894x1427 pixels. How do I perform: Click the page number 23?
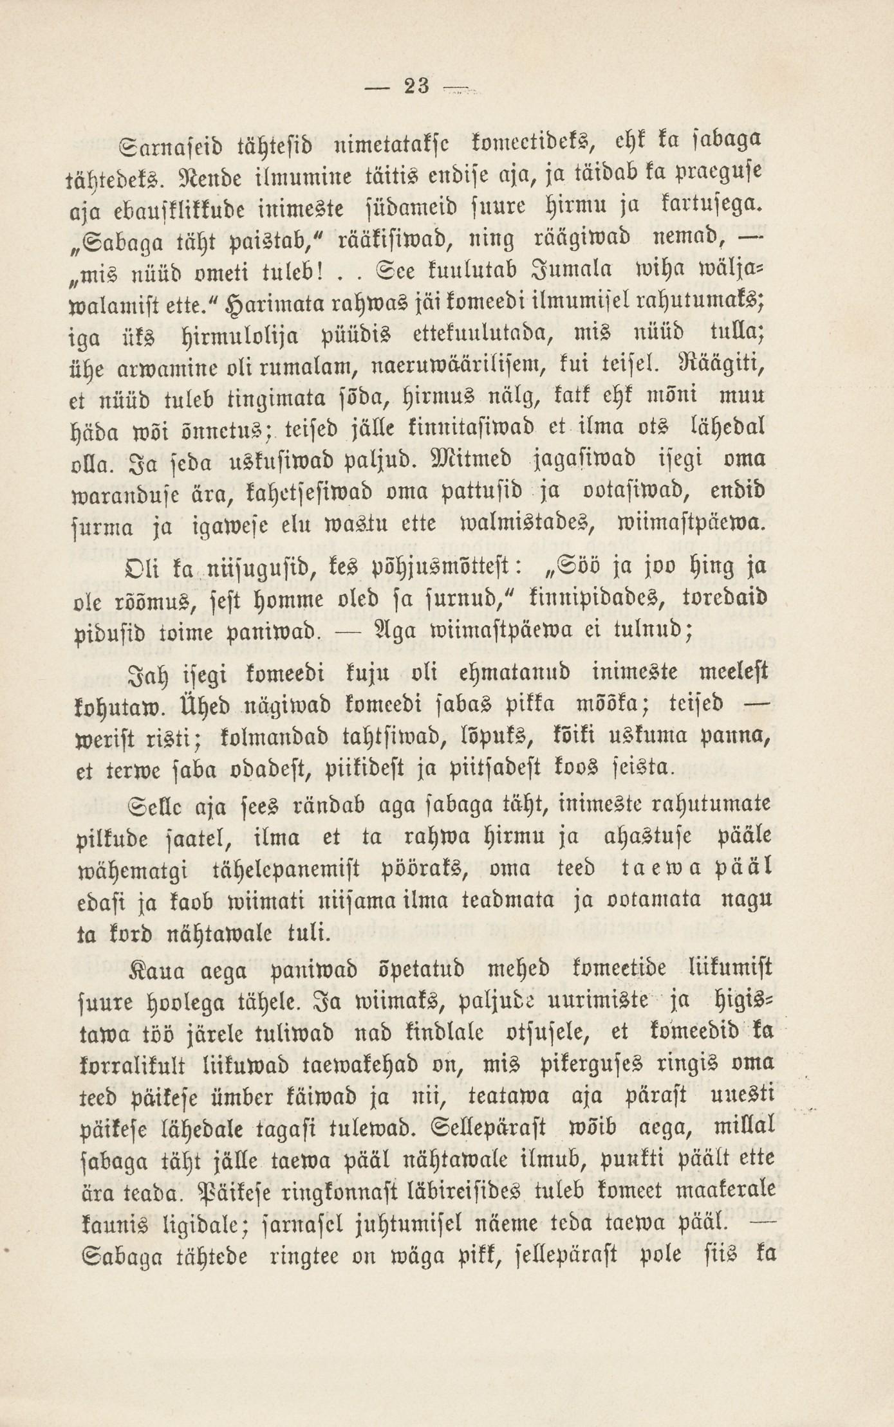(418, 85)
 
